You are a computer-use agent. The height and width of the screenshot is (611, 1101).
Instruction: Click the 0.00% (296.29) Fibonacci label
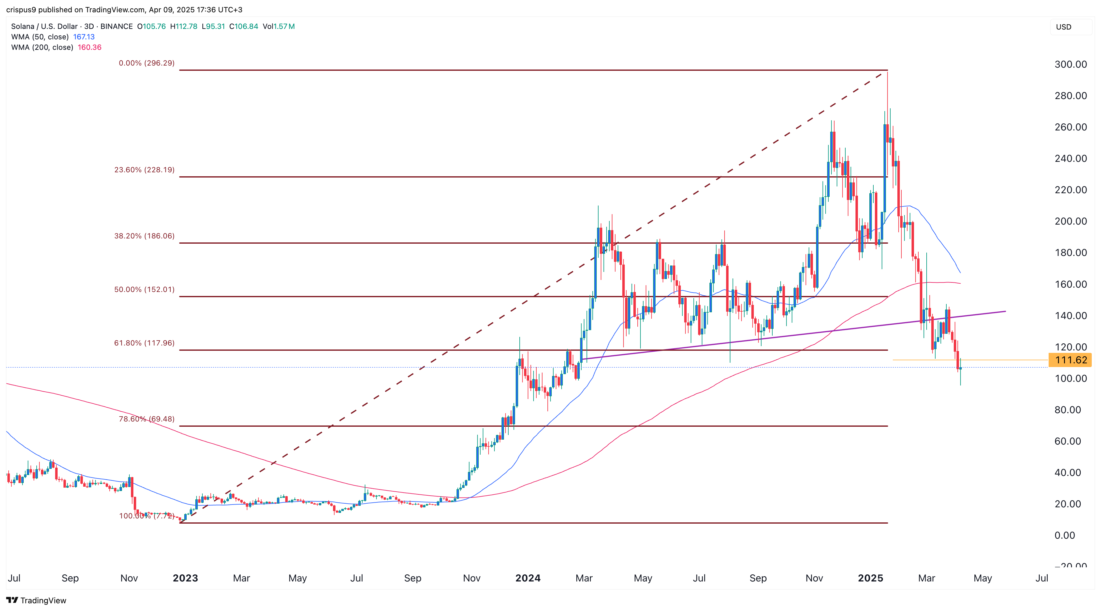click(x=147, y=63)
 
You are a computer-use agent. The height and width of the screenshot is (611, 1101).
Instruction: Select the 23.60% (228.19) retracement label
click(x=144, y=170)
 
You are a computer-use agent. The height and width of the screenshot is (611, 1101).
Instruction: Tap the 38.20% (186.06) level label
click(x=144, y=236)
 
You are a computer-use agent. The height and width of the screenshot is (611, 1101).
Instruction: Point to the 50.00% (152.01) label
click(x=144, y=290)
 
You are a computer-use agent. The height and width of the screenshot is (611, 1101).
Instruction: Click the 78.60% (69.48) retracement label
click(x=147, y=419)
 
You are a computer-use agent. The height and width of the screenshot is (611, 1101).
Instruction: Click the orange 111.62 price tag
click(x=1070, y=360)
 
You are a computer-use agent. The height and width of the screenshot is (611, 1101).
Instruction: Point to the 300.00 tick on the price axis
click(x=1070, y=65)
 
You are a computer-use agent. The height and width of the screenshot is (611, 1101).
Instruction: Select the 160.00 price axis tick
click(x=1070, y=284)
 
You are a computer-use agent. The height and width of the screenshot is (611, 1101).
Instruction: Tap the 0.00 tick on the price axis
click(x=1064, y=535)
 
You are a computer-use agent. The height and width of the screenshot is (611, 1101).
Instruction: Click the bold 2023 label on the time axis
click(x=185, y=578)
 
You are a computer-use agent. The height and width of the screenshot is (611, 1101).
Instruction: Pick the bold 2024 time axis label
click(x=528, y=578)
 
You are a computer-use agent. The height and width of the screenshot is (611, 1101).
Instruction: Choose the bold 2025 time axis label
click(x=870, y=578)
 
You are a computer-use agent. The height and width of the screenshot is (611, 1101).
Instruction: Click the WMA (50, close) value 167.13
click(x=84, y=37)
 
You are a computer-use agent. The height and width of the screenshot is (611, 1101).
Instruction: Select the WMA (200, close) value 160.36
click(x=89, y=47)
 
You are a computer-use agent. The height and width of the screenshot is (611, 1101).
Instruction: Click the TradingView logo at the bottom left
click(x=36, y=600)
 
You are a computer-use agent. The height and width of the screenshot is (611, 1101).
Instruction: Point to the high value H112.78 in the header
click(x=184, y=26)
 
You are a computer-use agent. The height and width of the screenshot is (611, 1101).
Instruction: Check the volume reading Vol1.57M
click(x=279, y=26)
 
